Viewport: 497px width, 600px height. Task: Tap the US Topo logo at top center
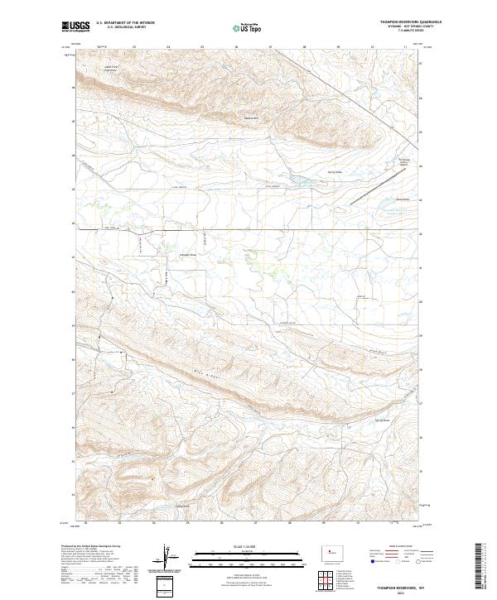248,28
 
